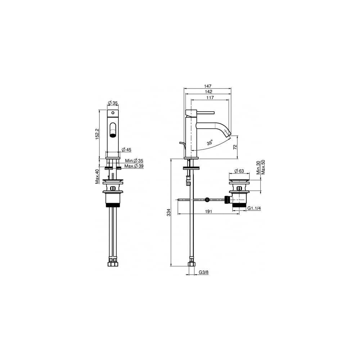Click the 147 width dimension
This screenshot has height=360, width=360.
click(x=208, y=86)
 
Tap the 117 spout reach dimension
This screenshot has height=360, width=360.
click(x=210, y=98)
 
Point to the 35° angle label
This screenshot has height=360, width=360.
click(x=210, y=143)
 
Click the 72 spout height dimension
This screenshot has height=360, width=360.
click(x=235, y=147)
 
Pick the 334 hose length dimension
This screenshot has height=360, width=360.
click(x=168, y=212)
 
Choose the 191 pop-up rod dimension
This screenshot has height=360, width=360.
click(x=208, y=211)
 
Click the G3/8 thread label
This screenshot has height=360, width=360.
click(x=204, y=273)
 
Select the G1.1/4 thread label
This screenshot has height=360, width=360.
click(x=254, y=208)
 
